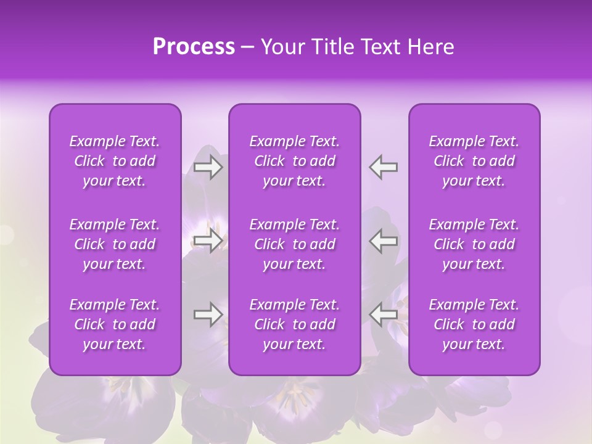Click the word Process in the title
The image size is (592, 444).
(x=194, y=47)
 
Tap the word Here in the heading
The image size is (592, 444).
(x=430, y=47)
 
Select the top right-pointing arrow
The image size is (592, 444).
(x=208, y=167)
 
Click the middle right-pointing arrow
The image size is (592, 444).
(x=208, y=240)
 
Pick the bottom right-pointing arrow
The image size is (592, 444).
(x=208, y=314)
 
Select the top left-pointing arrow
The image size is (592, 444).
(x=384, y=167)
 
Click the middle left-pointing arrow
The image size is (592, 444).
(x=384, y=240)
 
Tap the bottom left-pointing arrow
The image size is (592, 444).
(x=384, y=314)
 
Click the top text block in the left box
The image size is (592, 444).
(x=115, y=161)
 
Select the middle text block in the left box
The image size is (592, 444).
(x=115, y=244)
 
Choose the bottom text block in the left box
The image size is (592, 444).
(x=115, y=324)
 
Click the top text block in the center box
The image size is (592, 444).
(x=295, y=161)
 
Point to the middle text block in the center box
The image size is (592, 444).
(x=295, y=244)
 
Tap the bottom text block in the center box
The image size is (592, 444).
(x=295, y=324)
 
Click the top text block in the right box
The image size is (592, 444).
(x=474, y=161)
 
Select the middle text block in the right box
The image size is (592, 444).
(x=474, y=244)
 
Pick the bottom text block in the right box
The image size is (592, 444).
(x=474, y=324)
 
